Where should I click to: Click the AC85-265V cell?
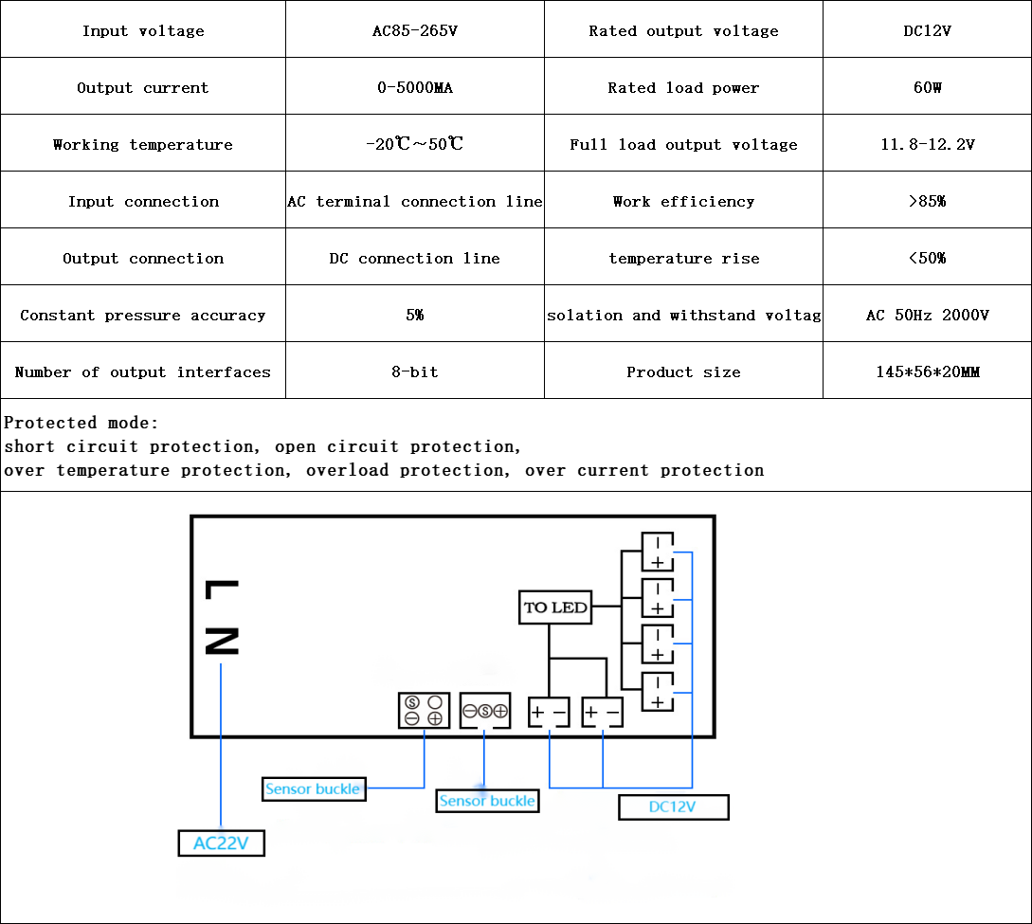tap(414, 31)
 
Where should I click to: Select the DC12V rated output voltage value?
tap(927, 31)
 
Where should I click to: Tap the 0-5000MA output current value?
tap(414, 88)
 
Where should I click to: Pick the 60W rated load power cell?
tap(927, 88)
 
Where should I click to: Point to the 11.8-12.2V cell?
tap(927, 145)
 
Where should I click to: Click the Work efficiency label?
tap(683, 202)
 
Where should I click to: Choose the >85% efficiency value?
tap(927, 202)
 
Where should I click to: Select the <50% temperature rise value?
tap(927, 259)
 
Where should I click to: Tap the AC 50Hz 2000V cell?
tap(927, 316)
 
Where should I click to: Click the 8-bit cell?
tap(414, 372)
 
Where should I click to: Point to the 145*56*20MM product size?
tap(927, 372)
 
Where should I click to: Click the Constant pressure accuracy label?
tap(142, 316)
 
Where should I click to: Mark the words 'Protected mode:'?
tap(81, 423)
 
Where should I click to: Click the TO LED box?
tap(555, 607)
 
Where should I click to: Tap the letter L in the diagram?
tap(221, 590)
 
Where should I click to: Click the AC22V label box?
tap(221, 842)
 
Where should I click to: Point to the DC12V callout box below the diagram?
tap(673, 807)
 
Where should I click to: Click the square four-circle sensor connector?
tap(424, 711)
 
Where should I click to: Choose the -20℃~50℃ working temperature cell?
tap(414, 145)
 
